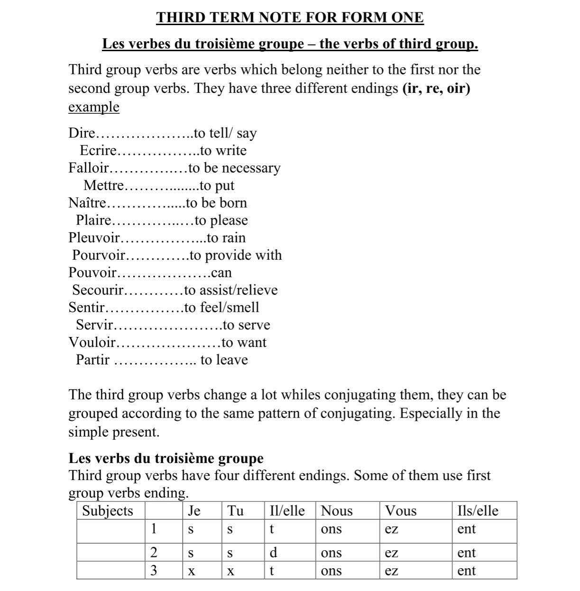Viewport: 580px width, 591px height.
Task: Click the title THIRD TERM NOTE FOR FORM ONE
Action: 290,18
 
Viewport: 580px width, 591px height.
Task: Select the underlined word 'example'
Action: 93,107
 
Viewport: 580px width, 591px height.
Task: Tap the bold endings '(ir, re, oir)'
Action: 436,89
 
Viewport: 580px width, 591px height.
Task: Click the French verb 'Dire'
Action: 82,133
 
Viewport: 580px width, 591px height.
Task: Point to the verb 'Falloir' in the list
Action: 88,168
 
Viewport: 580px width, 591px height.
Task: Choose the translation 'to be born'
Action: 217,203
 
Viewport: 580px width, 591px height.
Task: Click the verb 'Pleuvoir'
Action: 94,238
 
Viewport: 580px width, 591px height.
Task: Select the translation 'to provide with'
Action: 236,255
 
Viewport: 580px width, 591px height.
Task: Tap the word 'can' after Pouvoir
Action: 221,273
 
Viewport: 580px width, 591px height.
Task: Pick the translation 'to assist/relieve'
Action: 231,290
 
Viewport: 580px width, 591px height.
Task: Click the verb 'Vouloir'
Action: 92,343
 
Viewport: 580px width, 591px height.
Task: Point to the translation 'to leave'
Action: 224,360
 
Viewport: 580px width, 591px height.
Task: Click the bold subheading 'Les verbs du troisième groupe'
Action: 166,458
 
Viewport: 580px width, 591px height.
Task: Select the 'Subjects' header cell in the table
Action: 108,511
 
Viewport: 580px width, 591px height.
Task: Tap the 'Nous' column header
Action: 337,511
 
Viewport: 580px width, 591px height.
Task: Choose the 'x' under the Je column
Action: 191,572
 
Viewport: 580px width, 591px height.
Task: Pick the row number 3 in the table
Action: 154,571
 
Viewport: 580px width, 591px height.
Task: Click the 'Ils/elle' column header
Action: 478,511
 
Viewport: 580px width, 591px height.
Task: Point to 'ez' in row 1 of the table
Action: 391,529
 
